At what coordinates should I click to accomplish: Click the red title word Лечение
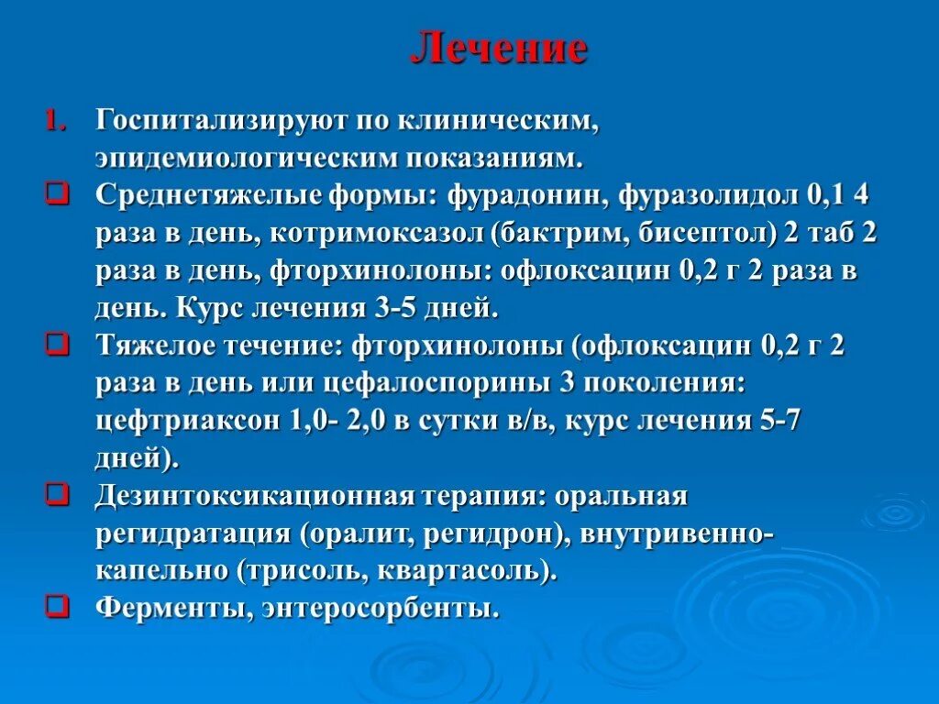[499, 49]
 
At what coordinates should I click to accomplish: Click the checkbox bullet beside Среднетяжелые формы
[57, 195]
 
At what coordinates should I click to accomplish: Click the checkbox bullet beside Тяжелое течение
[57, 346]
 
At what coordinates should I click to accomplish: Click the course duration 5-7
[787, 421]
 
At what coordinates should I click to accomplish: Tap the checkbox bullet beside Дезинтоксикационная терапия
[57, 496]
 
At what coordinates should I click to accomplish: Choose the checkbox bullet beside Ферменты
[57, 608]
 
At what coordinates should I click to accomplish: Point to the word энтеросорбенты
[380, 608]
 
